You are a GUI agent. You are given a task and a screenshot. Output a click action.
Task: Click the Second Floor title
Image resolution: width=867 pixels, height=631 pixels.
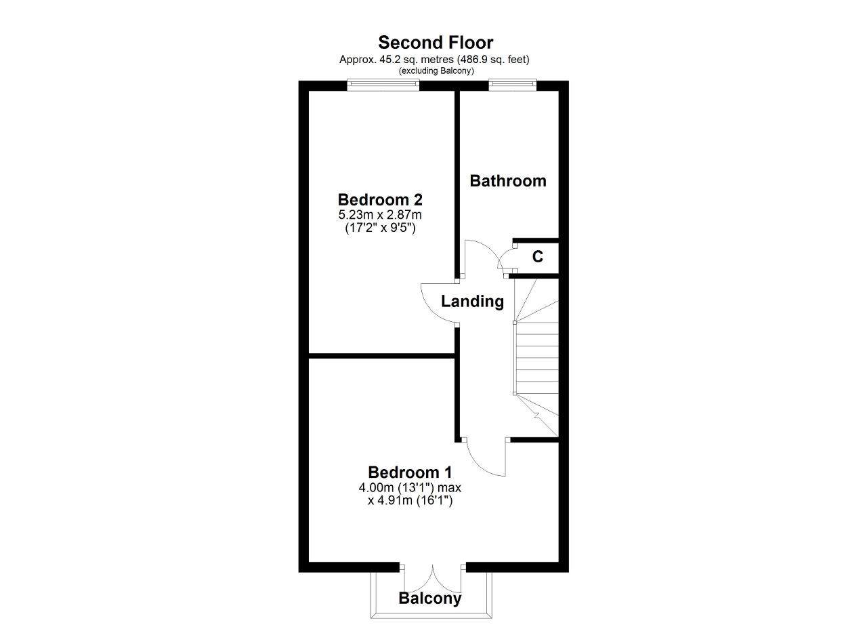[x=436, y=43]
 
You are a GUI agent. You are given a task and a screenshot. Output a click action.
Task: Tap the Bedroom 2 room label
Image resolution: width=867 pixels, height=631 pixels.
[x=380, y=200]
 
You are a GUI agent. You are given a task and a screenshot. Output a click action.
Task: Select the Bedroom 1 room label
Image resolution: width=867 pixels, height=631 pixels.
[x=410, y=472]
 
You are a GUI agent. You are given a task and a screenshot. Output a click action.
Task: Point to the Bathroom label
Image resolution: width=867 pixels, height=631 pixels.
[x=508, y=181]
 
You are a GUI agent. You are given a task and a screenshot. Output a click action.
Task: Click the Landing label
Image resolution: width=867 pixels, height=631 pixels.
[x=472, y=302]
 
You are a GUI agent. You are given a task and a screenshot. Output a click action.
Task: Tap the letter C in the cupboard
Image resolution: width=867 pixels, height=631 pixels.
[x=538, y=256]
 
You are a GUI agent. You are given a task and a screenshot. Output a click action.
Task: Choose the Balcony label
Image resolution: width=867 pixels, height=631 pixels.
[x=430, y=598]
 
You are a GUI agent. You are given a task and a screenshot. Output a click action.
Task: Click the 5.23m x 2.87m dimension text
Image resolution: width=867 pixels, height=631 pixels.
[x=380, y=215]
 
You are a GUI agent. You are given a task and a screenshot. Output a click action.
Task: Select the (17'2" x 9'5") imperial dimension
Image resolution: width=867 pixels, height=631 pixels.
[x=380, y=228]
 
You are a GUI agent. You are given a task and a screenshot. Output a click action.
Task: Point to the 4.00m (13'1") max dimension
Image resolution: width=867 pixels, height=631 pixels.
[x=410, y=487]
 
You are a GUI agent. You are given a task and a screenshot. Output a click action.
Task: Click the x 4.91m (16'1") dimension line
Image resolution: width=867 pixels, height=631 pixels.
[x=410, y=501]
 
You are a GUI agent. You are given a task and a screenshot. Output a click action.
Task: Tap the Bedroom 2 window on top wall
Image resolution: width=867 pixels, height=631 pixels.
[x=383, y=85]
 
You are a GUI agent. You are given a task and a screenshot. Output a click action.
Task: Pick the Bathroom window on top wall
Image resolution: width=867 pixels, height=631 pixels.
[x=513, y=85]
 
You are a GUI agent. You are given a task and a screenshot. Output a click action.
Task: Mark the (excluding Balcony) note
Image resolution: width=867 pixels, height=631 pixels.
[x=436, y=71]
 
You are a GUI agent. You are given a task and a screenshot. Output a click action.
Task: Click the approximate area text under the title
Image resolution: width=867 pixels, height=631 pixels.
[x=434, y=59]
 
